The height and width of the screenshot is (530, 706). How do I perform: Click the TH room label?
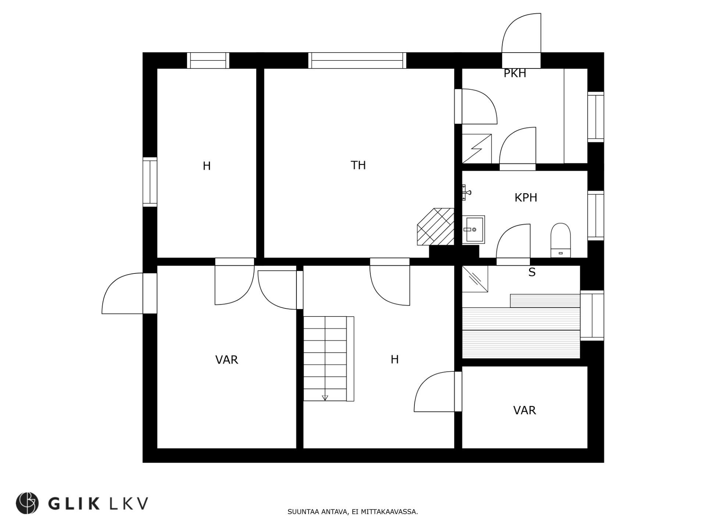[x=358, y=165]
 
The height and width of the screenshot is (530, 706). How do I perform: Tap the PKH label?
[x=515, y=74]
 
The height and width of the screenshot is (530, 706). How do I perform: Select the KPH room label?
[x=525, y=198]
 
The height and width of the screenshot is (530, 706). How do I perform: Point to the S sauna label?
[x=532, y=272]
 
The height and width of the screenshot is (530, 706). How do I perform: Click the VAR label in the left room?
[x=227, y=360]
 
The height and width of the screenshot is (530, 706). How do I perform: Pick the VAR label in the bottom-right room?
[x=524, y=410]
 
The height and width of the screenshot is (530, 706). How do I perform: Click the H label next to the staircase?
[x=395, y=359]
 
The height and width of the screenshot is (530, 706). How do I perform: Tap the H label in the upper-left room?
[x=207, y=166]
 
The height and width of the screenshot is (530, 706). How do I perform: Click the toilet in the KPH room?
[x=560, y=240]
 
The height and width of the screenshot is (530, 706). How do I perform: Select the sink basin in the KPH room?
[x=474, y=230]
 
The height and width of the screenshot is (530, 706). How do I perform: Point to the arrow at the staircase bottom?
[x=325, y=397]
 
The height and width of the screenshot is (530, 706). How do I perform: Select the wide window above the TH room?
[x=357, y=60]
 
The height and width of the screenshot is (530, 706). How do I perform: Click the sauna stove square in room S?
[x=475, y=279]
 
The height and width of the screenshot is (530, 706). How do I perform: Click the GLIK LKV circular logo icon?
[x=27, y=503]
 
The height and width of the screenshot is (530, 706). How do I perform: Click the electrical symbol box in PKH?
[x=477, y=148]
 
